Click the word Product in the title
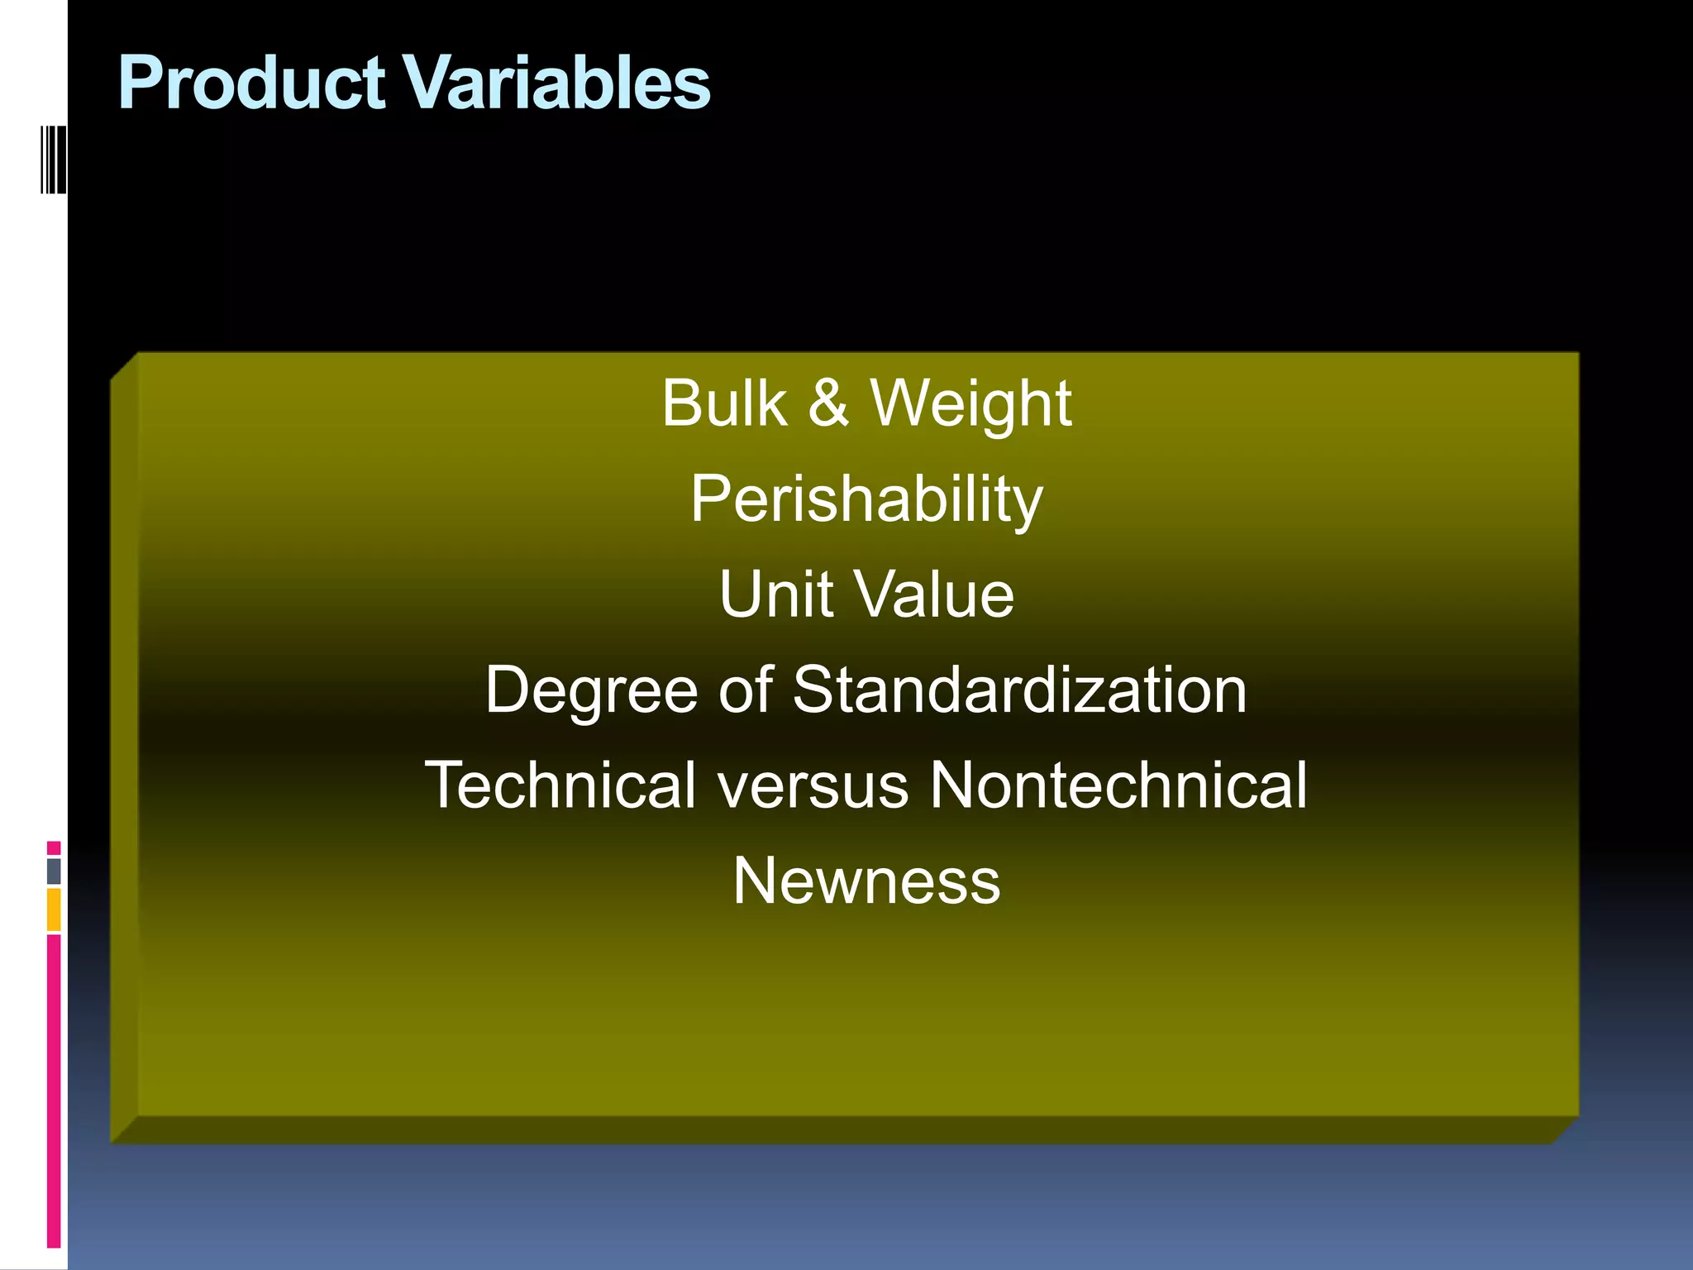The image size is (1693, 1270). tap(251, 83)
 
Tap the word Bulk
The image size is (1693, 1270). tap(724, 403)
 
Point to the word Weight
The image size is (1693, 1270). tap(970, 405)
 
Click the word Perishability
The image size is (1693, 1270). tap(866, 500)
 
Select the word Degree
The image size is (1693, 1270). tap(592, 690)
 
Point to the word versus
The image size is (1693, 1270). tap(813, 785)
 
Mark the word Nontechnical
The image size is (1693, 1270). tap(1118, 785)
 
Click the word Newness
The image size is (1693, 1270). tap(866, 881)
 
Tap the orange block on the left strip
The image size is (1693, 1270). tap(54, 910)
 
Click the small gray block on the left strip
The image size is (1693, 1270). tap(54, 871)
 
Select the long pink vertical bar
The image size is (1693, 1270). tap(54, 1091)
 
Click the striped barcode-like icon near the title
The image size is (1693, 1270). tap(53, 159)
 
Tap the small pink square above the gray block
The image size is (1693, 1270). tap(54, 848)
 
